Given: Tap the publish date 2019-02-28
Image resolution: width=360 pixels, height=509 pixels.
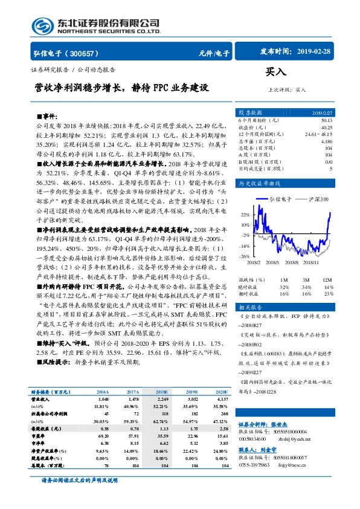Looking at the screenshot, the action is tap(320, 52).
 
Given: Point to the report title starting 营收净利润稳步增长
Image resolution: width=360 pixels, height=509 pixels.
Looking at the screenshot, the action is tap(121, 87).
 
